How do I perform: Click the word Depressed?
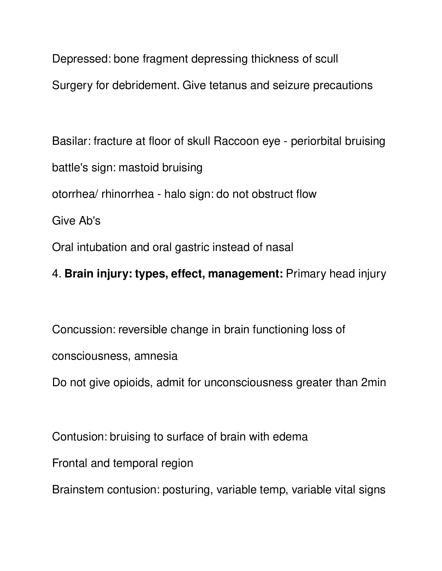tap(81, 59)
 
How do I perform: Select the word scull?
tap(326, 59)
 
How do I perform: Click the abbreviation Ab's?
tap(89, 221)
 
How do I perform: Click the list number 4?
tap(57, 274)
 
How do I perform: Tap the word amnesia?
tap(156, 356)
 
